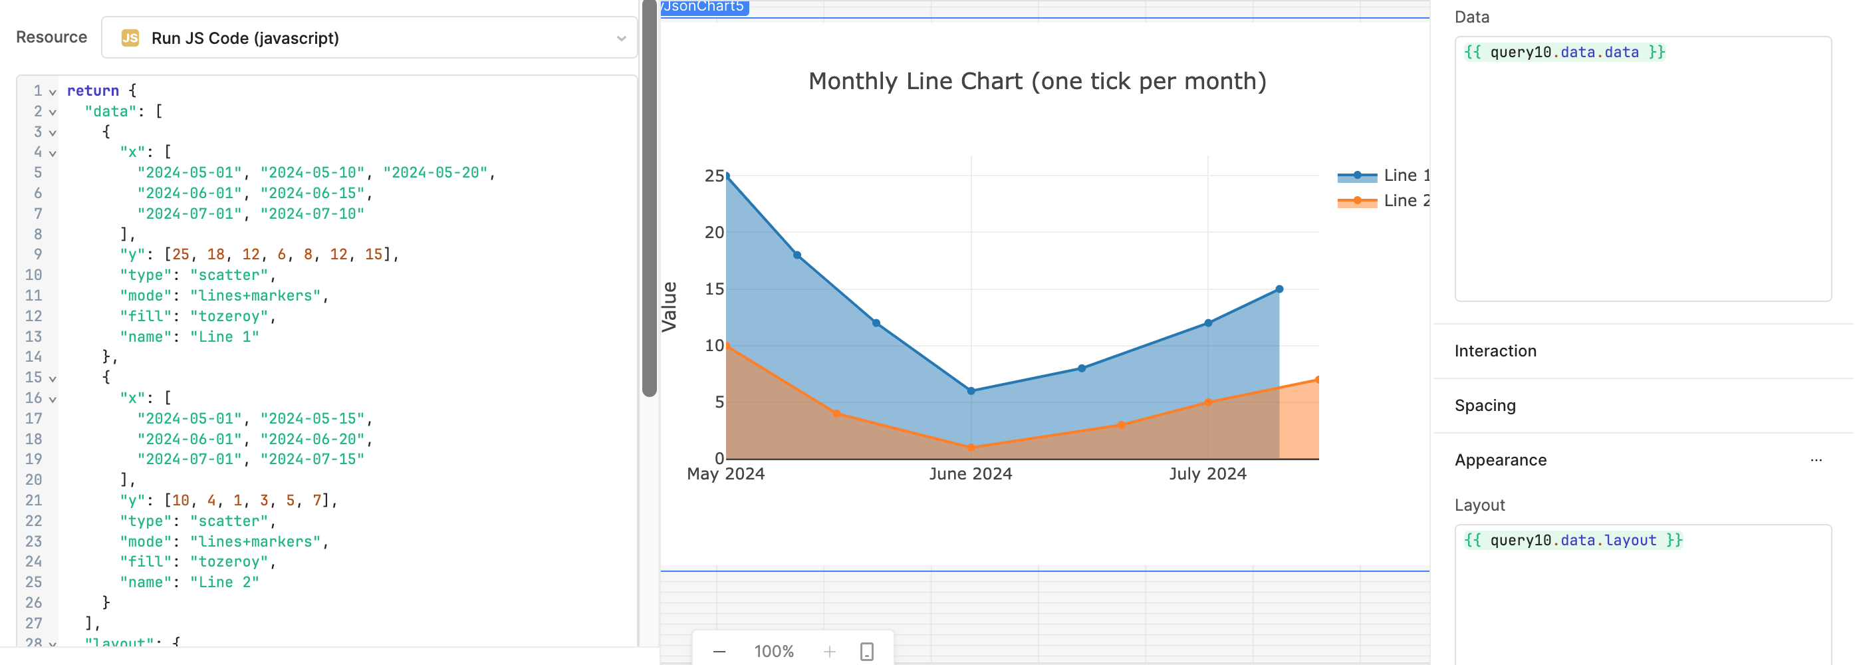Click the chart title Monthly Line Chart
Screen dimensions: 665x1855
1037,81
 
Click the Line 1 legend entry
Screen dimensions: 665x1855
1383,175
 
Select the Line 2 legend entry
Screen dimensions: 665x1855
1383,200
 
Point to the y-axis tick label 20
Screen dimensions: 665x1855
713,232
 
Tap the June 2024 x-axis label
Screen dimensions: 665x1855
970,474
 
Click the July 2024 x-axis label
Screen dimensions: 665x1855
1207,474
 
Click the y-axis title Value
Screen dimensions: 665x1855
669,307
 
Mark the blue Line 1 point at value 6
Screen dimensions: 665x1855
971,391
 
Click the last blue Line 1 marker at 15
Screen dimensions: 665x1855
1279,289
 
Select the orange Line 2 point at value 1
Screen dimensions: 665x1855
971,448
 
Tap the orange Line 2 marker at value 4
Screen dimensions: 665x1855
836,414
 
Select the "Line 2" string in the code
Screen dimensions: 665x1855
224,582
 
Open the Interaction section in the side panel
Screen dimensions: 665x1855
1495,351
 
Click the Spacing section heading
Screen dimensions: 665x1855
1485,406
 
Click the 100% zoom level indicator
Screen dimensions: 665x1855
773,651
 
